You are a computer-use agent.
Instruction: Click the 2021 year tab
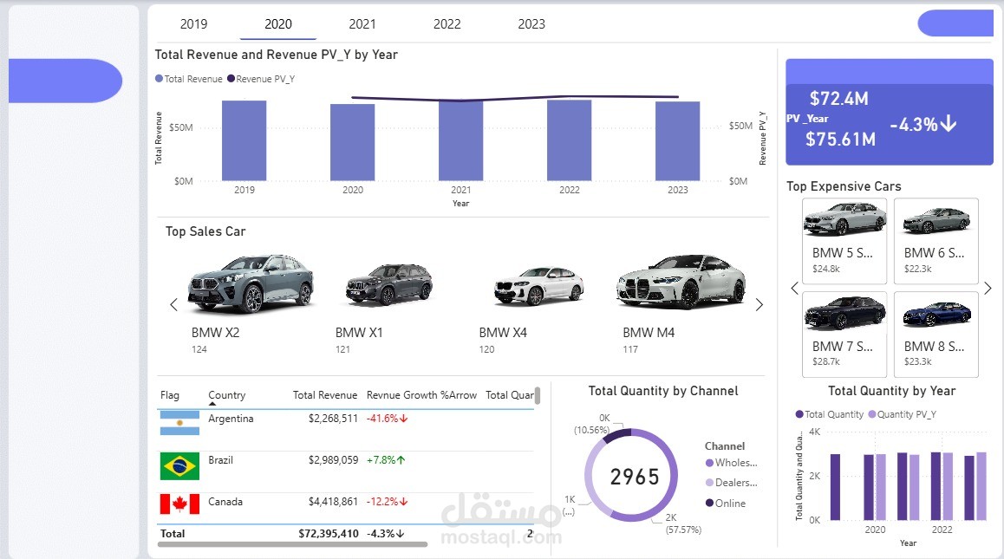click(362, 24)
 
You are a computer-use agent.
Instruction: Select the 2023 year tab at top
click(531, 24)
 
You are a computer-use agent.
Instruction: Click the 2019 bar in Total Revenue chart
click(244, 140)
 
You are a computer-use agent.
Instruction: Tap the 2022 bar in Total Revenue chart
click(569, 140)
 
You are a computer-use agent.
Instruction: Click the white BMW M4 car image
click(681, 281)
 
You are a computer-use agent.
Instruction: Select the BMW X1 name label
click(359, 333)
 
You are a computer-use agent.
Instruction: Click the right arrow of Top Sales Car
click(760, 304)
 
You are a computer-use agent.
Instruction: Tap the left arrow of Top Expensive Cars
click(794, 289)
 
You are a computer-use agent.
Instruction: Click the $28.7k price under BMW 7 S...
click(826, 361)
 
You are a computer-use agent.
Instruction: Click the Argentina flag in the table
click(179, 424)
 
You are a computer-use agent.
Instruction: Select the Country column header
click(226, 395)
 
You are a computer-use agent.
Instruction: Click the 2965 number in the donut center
click(635, 477)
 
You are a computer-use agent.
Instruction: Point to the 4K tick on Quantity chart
click(814, 432)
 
